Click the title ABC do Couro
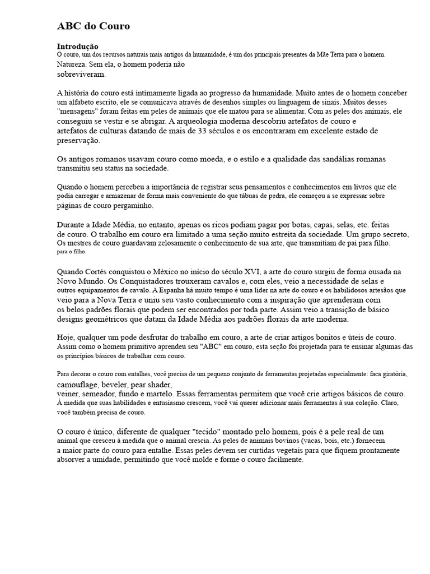point(94,26)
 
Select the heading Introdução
point(78,46)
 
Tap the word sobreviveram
point(81,73)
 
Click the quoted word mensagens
point(78,111)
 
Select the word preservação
point(78,141)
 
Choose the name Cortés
point(101,271)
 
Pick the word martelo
point(175,394)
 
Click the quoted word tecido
point(211,432)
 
